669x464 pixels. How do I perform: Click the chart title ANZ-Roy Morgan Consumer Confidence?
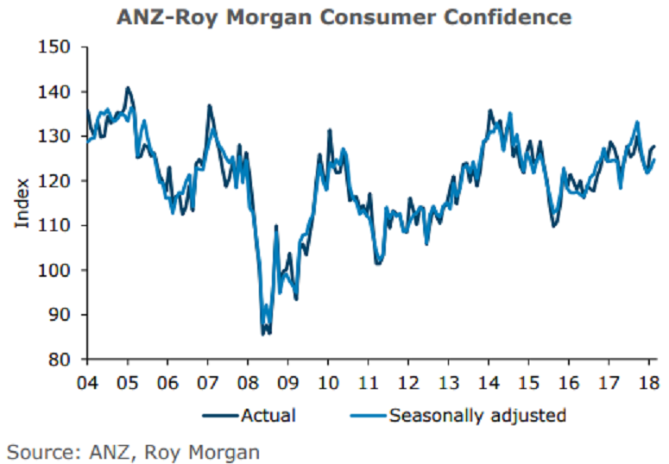tap(344, 17)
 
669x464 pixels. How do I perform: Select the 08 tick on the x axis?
tap(248, 381)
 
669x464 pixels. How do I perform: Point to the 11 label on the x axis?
tap(369, 381)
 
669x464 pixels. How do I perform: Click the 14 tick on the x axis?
tap(489, 381)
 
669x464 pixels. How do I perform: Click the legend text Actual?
tap(269, 415)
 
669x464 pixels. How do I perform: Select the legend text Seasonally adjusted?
tap(477, 415)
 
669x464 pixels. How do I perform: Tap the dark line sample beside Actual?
tap(221, 416)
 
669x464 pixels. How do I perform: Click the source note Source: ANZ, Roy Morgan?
tap(134, 450)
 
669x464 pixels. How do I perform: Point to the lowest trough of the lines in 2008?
tap(263, 333)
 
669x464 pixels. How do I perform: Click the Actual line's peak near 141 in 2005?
tap(128, 87)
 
